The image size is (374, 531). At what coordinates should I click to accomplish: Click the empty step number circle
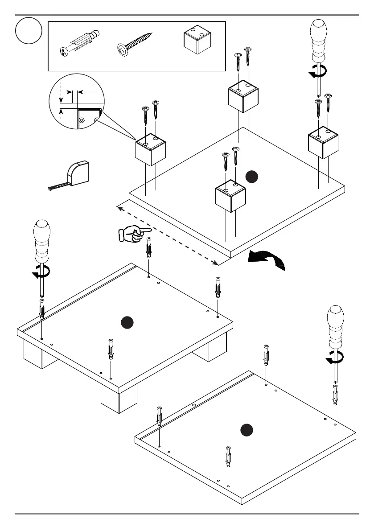click(29, 31)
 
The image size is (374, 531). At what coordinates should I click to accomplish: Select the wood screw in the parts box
click(135, 43)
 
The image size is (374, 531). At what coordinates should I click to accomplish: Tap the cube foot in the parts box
click(197, 39)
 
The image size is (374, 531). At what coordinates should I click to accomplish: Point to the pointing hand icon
click(134, 233)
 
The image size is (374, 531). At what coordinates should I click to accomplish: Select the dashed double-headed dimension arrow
click(168, 235)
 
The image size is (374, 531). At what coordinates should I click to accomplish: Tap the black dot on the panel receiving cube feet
click(251, 177)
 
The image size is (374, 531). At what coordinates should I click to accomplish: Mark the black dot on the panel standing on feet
click(128, 322)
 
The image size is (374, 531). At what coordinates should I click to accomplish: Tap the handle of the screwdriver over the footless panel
click(336, 325)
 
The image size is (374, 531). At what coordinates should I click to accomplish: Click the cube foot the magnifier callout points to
click(151, 151)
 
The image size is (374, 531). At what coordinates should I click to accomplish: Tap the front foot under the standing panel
click(119, 399)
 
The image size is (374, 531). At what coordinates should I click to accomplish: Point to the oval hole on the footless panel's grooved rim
click(194, 405)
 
